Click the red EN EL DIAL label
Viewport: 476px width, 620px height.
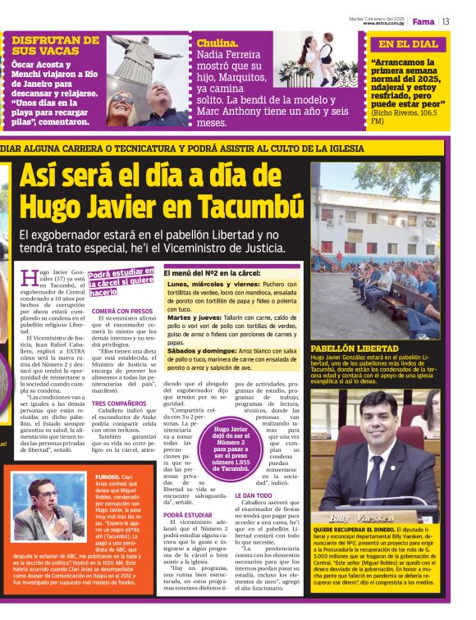pos(408,44)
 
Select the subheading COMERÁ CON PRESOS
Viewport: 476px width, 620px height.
pos(122,311)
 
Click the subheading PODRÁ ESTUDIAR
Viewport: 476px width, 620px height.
pos(189,515)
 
